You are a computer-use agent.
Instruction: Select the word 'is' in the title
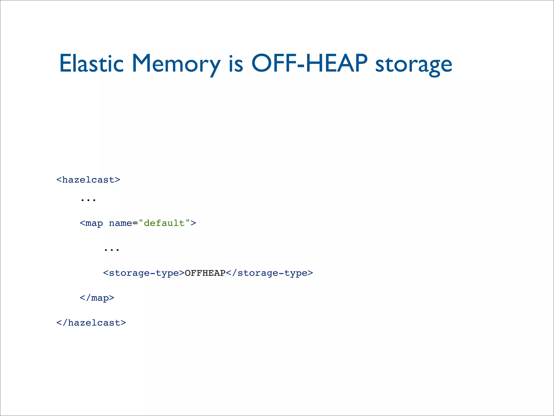pos(236,64)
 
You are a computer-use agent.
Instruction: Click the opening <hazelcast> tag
pos(88,180)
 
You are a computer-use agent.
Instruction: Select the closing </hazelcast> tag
pos(91,323)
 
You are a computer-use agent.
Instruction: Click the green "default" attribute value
pos(164,223)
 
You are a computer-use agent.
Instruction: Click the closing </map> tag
pos(97,298)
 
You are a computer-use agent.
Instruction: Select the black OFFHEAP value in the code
pos(205,273)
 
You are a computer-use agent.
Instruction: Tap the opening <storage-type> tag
pos(144,273)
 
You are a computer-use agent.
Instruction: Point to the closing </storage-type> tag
pos(269,273)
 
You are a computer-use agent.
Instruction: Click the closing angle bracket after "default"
pos(193,223)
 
